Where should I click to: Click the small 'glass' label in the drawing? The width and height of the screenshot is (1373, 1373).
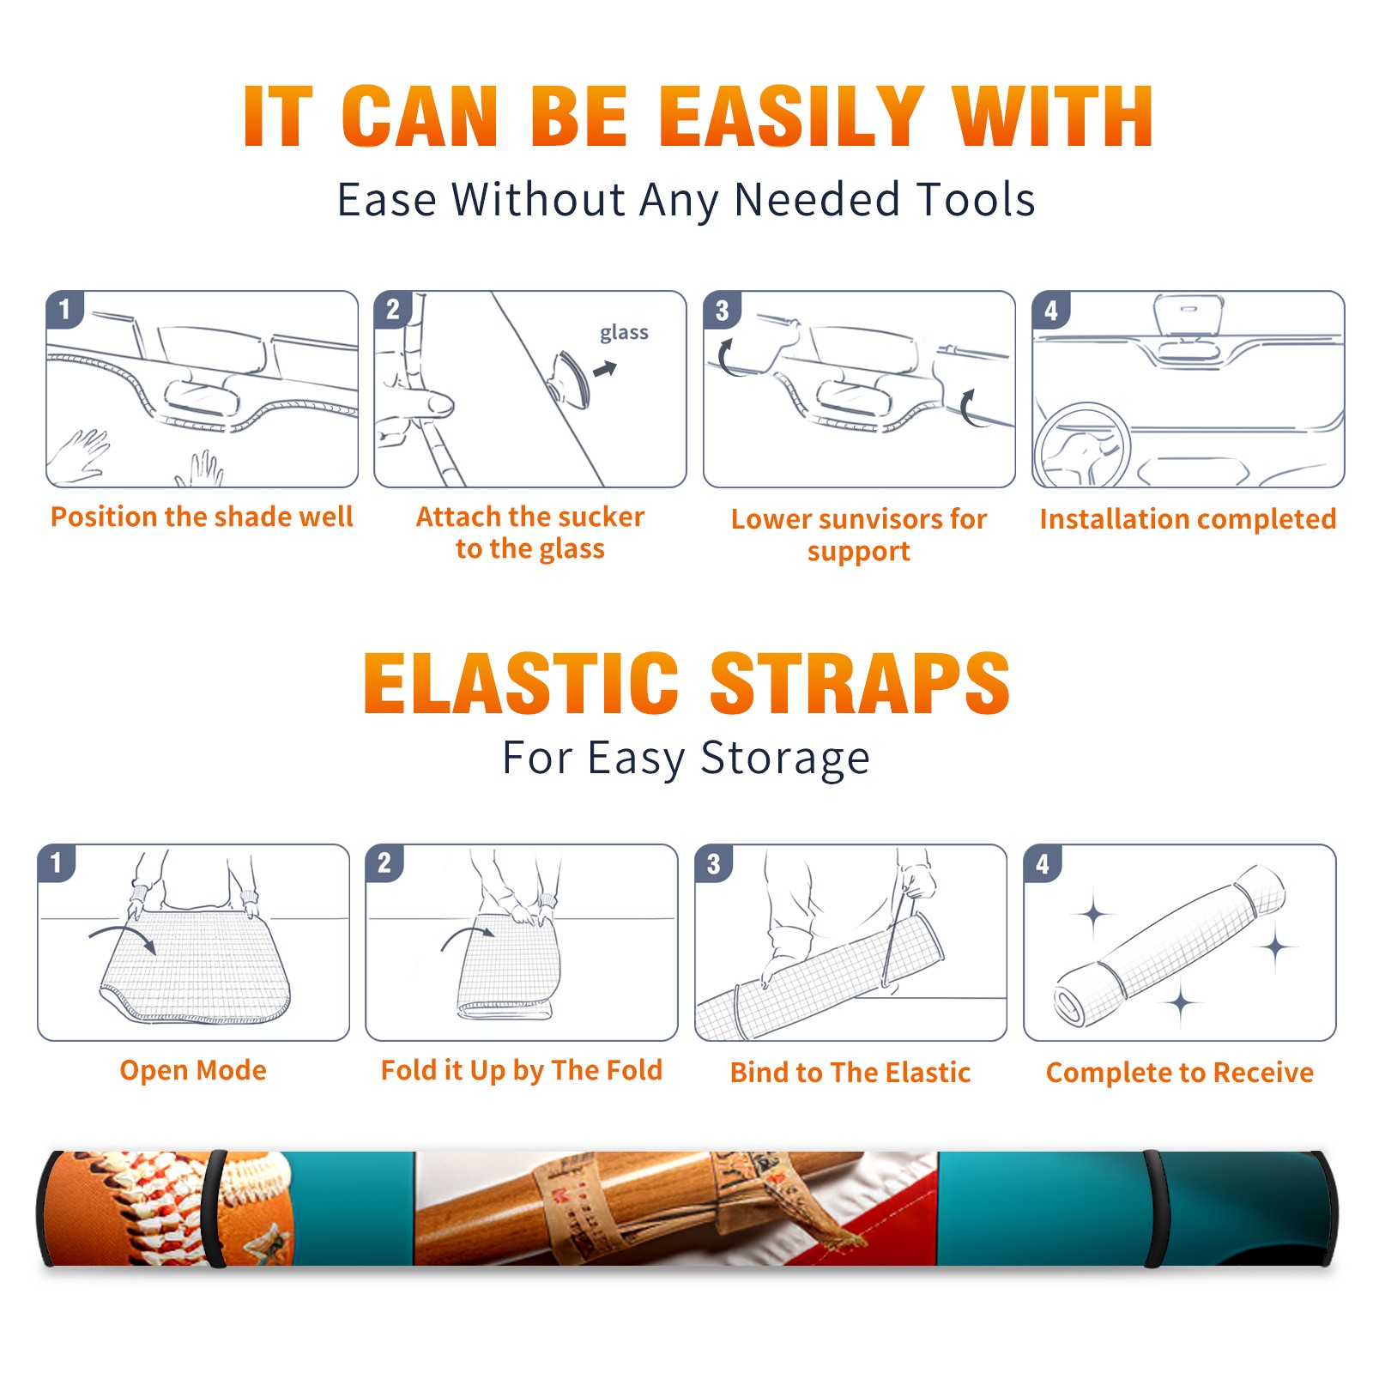pyautogui.click(x=624, y=333)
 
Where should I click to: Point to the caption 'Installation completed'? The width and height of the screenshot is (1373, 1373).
pyautogui.click(x=1188, y=519)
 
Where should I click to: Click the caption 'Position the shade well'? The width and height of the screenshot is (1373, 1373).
pyautogui.click(x=202, y=517)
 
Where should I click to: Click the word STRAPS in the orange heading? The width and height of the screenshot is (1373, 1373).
pyautogui.click(x=860, y=683)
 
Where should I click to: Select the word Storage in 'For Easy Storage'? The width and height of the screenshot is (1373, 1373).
pyautogui.click(x=785, y=759)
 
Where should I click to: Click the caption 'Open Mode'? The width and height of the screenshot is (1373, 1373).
pyautogui.click(x=193, y=1070)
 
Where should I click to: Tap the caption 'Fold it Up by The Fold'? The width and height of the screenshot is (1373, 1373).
pyautogui.click(x=522, y=1071)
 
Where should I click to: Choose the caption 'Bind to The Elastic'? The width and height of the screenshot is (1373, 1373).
pyautogui.click(x=850, y=1073)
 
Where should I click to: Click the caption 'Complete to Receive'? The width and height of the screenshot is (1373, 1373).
pyautogui.click(x=1180, y=1073)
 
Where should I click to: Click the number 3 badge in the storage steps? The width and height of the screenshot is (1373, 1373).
pyautogui.click(x=714, y=863)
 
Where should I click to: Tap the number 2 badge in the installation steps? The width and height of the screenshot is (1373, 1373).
pyautogui.click(x=393, y=310)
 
